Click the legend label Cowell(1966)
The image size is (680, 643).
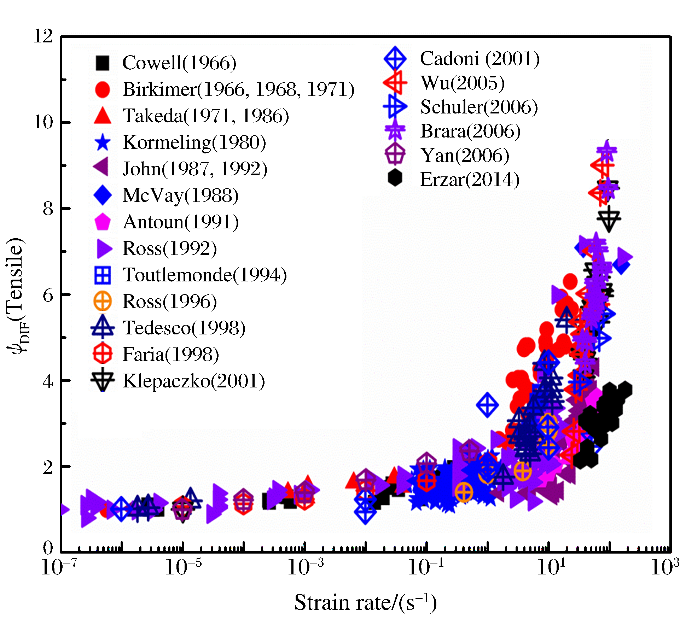(179, 63)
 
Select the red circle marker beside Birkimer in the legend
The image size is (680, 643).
(103, 89)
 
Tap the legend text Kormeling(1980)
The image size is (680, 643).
(194, 142)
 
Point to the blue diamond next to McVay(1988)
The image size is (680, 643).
(103, 195)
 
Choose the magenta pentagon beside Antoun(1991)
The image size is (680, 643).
(103, 222)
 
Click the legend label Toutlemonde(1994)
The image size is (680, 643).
(204, 275)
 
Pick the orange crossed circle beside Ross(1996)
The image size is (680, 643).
(103, 302)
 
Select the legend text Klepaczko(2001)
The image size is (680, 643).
(194, 381)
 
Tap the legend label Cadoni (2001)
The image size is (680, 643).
(480, 59)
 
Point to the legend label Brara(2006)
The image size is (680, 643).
(470, 131)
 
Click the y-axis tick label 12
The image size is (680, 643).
(43, 36)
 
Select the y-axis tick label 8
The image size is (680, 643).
(48, 209)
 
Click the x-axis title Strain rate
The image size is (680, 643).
(365, 603)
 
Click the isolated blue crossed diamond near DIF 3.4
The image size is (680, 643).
(487, 405)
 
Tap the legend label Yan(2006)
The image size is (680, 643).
(465, 156)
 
